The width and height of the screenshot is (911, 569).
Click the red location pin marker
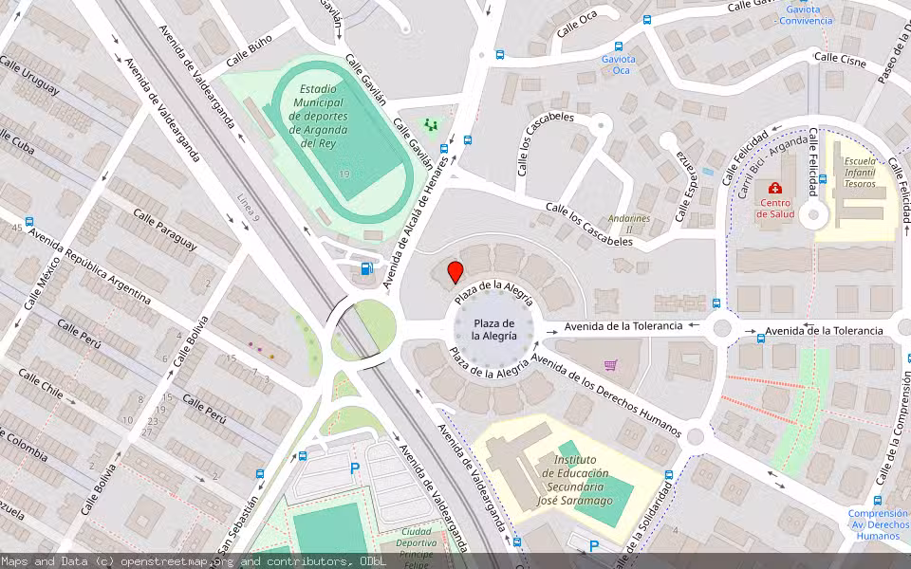click(455, 272)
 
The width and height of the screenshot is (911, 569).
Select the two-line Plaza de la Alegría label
click(494, 330)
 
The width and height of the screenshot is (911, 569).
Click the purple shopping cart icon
click(611, 365)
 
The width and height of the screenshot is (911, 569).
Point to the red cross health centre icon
click(775, 189)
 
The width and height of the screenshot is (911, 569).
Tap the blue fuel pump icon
click(368, 268)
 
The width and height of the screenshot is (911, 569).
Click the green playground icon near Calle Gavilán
click(432, 124)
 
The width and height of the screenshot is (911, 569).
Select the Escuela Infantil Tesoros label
click(860, 173)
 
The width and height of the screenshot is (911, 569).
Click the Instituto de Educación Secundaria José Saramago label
click(575, 480)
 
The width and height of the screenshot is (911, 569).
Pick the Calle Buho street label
click(249, 51)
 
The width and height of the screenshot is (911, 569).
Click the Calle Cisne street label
click(840, 60)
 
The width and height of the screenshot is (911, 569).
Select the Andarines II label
click(629, 223)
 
